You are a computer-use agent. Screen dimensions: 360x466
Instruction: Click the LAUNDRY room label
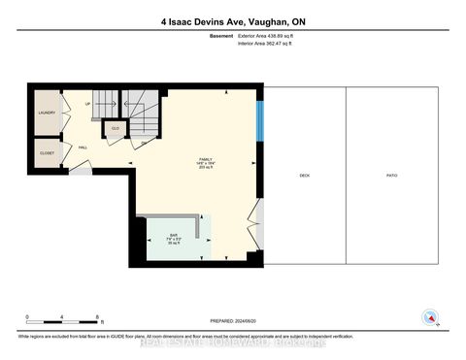48,113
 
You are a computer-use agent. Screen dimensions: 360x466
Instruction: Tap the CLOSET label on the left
48,153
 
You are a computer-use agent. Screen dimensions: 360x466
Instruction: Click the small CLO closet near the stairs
115,128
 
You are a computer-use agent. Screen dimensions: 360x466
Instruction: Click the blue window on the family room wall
259,119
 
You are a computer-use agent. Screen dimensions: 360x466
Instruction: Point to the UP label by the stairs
88,103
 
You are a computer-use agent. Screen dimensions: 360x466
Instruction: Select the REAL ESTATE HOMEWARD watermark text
233,343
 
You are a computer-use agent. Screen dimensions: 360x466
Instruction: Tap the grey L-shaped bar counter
198,226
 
